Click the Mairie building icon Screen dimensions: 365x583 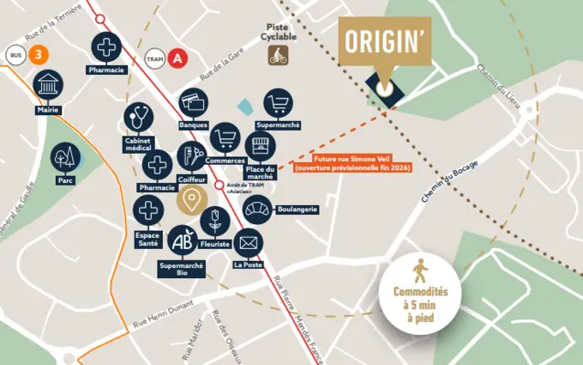[48, 86]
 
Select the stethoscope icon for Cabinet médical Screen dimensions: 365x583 [138, 118]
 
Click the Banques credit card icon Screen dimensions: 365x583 [194, 104]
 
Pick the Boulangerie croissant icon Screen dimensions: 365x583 [256, 209]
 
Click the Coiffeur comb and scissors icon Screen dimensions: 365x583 [191, 156]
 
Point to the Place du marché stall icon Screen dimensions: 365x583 [260, 147]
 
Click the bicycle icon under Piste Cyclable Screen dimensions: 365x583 [278, 56]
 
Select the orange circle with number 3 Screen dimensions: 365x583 [37, 55]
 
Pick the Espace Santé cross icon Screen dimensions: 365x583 [148, 210]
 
